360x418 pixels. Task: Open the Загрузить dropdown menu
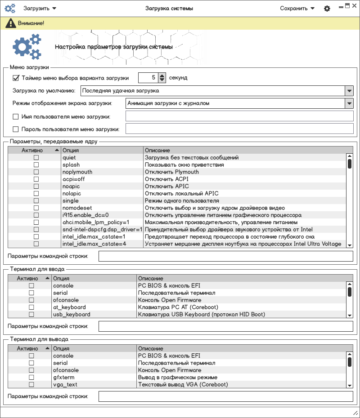pos(40,8)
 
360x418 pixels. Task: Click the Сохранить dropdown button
pos(297,8)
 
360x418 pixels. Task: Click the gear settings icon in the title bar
pos(327,9)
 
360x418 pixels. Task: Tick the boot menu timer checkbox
pos(16,78)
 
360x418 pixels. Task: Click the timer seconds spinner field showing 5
pos(148,78)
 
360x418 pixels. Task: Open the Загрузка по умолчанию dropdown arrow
pos(349,91)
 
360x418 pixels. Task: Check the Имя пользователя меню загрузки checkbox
pos(16,117)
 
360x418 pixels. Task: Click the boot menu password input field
pos(239,129)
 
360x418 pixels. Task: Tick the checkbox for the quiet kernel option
pos(36,158)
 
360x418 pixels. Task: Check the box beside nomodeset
pos(36,208)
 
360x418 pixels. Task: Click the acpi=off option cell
pos(73,179)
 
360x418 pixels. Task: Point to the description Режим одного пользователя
pos(182,201)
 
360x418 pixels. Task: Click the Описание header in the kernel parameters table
pos(157,150)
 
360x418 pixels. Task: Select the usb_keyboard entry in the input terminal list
pos(72,315)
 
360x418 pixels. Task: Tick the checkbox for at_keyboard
pos(31,307)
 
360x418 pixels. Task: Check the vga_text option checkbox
pos(31,385)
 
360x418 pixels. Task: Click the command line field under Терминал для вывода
pos(226,396)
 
